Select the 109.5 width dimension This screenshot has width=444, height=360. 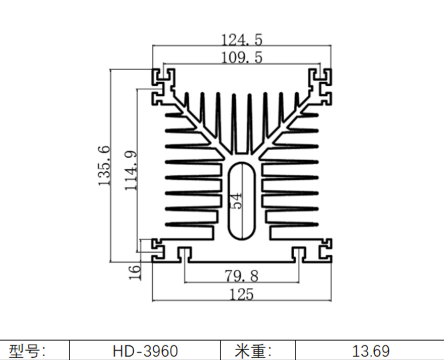coord(241,58)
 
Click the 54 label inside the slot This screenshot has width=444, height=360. coord(237,201)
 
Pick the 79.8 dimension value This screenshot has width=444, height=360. coord(241,275)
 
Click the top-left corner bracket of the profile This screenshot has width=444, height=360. coord(163,87)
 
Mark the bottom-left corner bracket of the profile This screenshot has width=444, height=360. coord(162,250)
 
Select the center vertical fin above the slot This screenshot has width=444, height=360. coord(233,123)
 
